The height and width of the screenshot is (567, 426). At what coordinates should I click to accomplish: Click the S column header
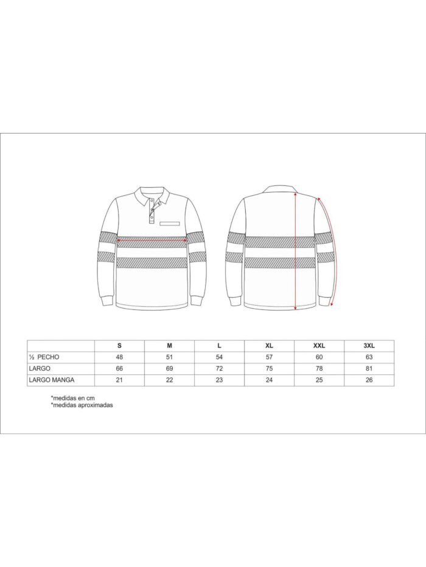click(x=119, y=345)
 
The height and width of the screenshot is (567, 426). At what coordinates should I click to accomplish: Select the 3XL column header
click(x=368, y=345)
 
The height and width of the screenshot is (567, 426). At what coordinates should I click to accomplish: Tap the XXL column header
click(x=318, y=345)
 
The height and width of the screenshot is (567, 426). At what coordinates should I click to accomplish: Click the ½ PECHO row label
click(x=44, y=357)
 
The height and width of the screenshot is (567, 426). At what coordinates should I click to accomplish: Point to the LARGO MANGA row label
click(x=52, y=380)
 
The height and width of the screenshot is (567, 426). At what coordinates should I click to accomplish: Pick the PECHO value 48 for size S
click(x=119, y=357)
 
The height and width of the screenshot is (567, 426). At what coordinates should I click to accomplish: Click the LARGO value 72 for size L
click(x=219, y=369)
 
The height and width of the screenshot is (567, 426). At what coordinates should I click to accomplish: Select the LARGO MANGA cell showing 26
click(x=368, y=380)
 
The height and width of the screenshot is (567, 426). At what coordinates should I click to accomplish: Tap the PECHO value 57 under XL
click(x=269, y=357)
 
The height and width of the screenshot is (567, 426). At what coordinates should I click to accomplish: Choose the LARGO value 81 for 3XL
click(x=368, y=369)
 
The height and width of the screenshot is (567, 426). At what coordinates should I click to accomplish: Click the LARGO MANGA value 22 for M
click(x=169, y=380)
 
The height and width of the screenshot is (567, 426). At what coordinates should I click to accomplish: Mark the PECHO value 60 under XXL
click(x=318, y=357)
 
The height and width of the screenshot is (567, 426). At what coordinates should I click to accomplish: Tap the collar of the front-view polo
click(x=150, y=193)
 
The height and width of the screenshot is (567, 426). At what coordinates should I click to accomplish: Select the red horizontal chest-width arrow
click(x=152, y=240)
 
